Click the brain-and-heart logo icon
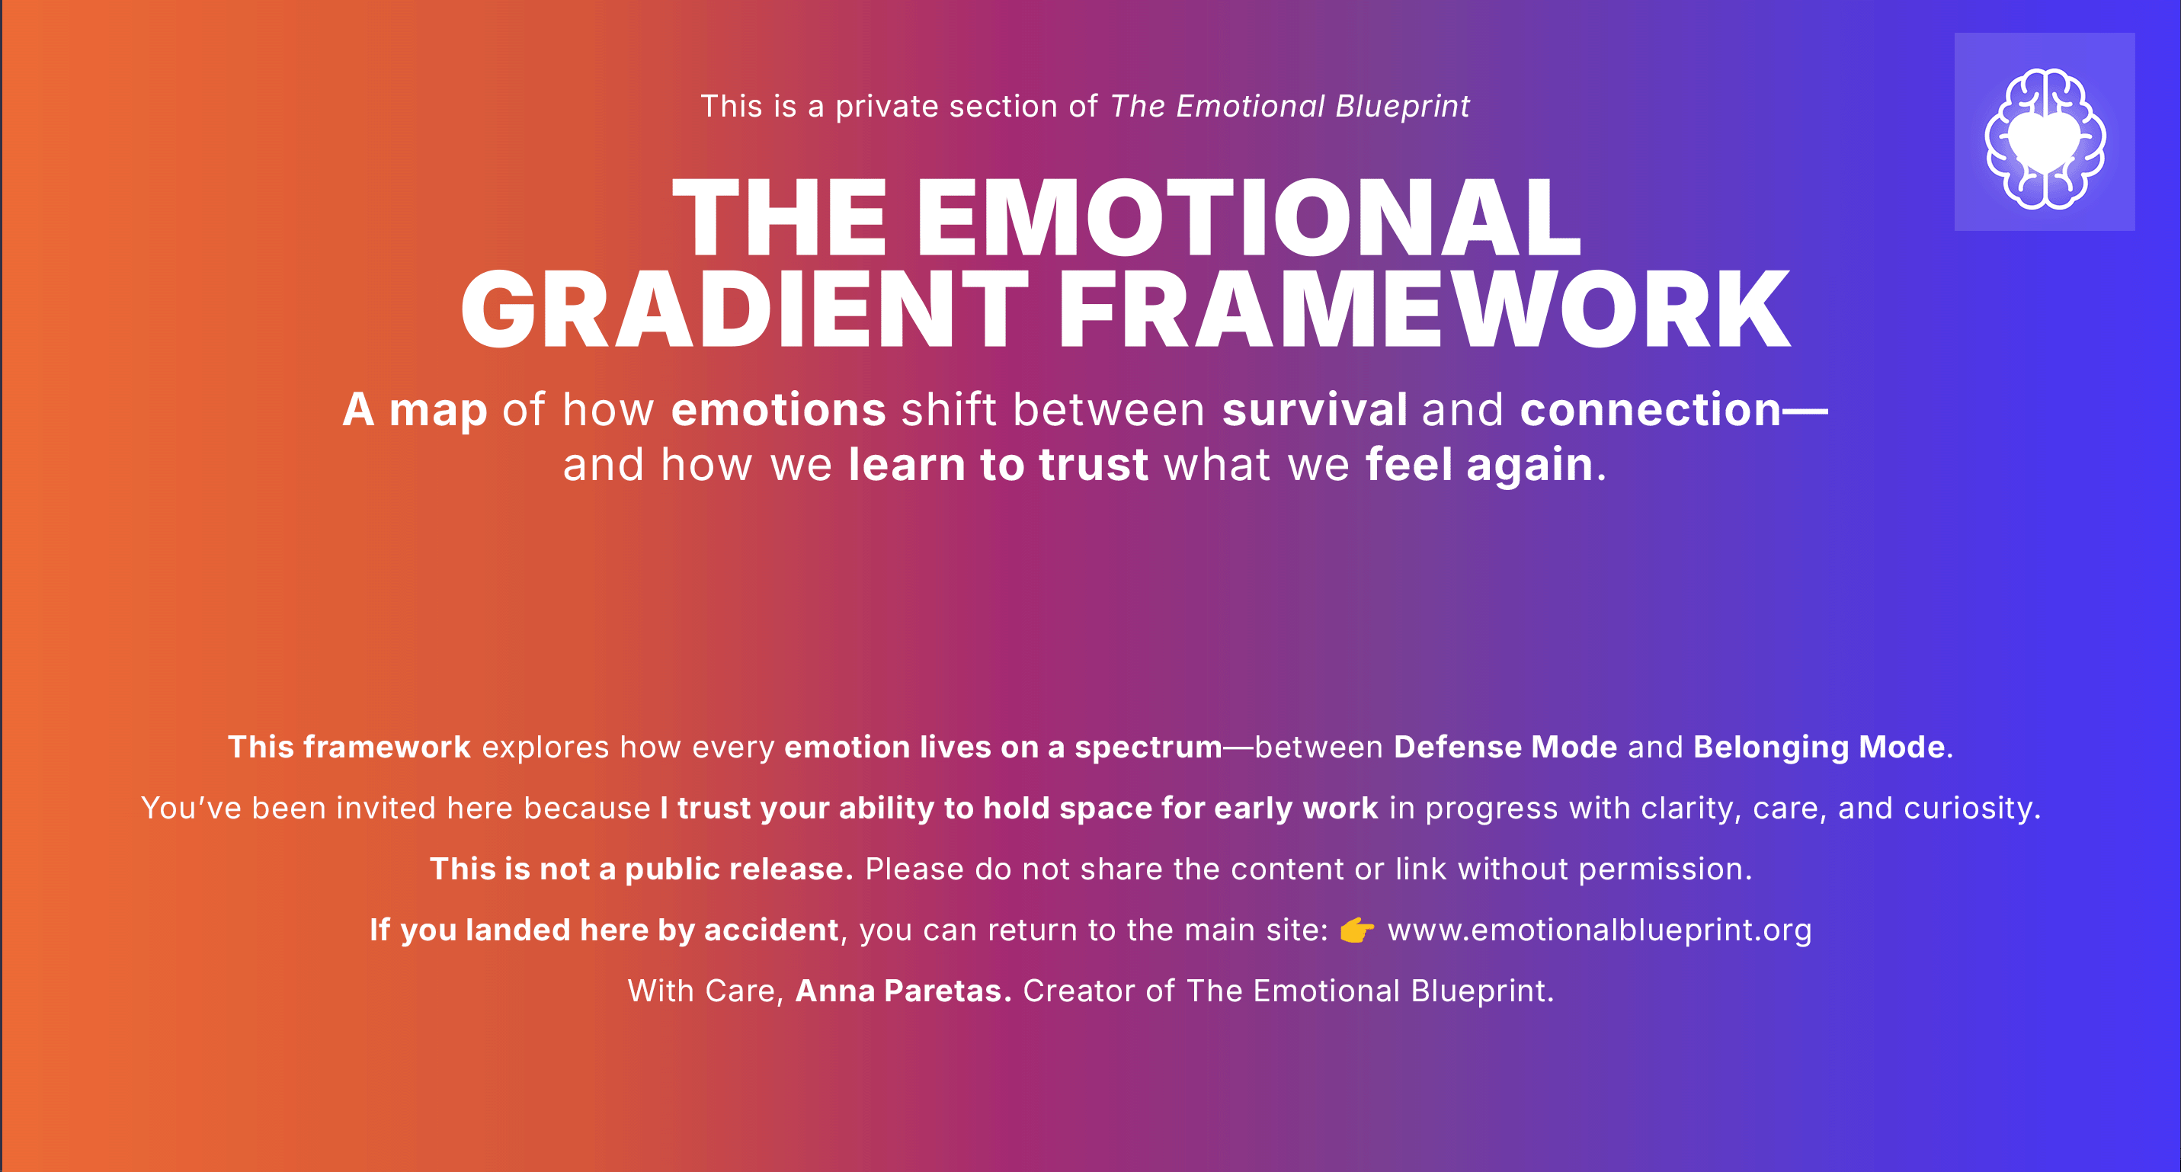coord(2045,137)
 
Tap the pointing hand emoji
coord(1356,930)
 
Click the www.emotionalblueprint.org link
coord(1600,930)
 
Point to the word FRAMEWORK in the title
coord(1424,309)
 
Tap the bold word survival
coord(1315,410)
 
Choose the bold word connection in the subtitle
coord(1651,410)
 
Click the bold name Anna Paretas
coord(903,991)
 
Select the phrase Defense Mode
coord(1505,747)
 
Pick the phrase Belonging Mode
coord(1818,747)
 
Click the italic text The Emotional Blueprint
coord(1289,107)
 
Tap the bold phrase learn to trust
coord(998,465)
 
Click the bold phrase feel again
coord(1480,466)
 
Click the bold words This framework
coord(349,747)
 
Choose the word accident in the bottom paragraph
coord(771,930)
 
